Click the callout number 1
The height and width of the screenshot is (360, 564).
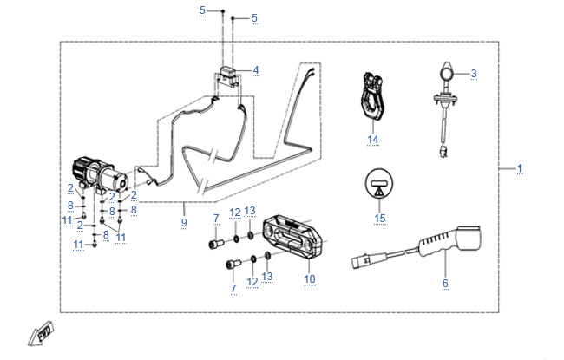[521, 167]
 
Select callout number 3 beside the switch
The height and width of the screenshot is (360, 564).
[474, 74]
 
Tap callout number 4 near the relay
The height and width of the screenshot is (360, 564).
[255, 69]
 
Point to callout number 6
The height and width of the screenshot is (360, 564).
[445, 284]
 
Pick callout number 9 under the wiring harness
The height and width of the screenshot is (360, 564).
[184, 223]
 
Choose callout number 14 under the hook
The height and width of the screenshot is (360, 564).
[373, 139]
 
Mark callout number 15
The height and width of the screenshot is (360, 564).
[378, 218]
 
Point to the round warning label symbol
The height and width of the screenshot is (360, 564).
[378, 183]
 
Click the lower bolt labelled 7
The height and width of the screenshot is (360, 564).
[230, 264]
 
